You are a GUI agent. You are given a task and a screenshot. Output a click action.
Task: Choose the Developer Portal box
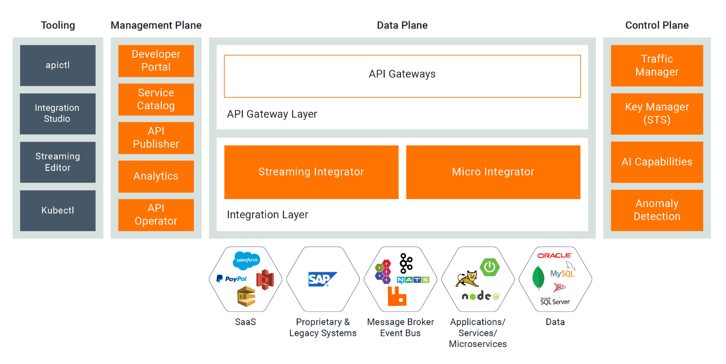coord(156,61)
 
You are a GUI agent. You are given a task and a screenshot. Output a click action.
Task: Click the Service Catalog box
coord(156,99)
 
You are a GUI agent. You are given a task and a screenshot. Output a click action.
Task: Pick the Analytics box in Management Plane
coord(156,176)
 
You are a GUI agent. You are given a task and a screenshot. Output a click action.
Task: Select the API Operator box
coord(156,215)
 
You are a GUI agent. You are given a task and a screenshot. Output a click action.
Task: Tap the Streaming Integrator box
coord(311,172)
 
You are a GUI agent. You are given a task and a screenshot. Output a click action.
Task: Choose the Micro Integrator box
coord(493,172)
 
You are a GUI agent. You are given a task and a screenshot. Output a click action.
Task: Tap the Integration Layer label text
coord(267,215)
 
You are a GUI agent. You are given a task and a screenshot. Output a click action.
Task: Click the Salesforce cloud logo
coord(246,260)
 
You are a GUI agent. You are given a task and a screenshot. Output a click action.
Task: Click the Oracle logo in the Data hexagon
coord(554,256)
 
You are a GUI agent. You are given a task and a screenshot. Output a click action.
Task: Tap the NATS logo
coord(413,279)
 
